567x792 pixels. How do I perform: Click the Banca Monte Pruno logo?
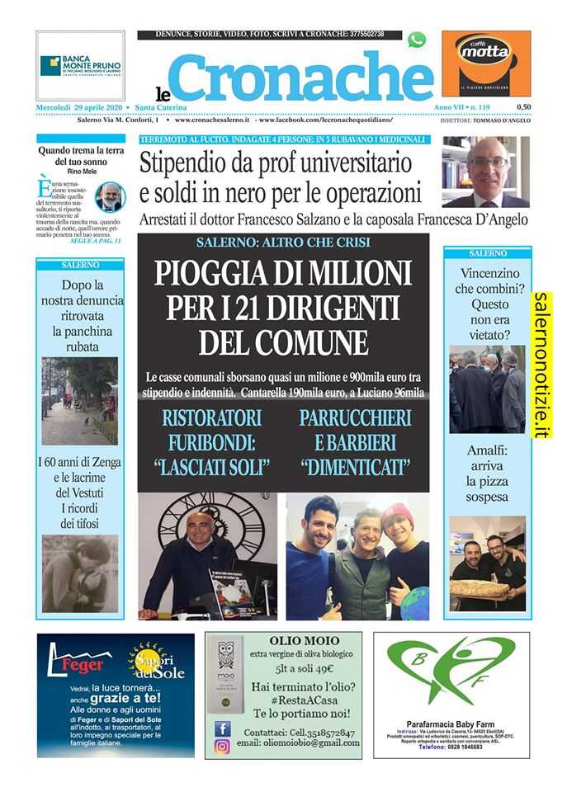pyautogui.click(x=80, y=66)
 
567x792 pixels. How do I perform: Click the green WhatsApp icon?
pyautogui.click(x=417, y=39)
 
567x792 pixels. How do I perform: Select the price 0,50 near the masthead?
pyautogui.click(x=523, y=107)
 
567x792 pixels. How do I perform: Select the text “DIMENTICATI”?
pyautogui.click(x=356, y=467)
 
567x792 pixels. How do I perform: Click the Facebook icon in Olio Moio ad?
pyautogui.click(x=222, y=728)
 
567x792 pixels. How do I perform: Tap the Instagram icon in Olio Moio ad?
pyautogui.click(x=222, y=746)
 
